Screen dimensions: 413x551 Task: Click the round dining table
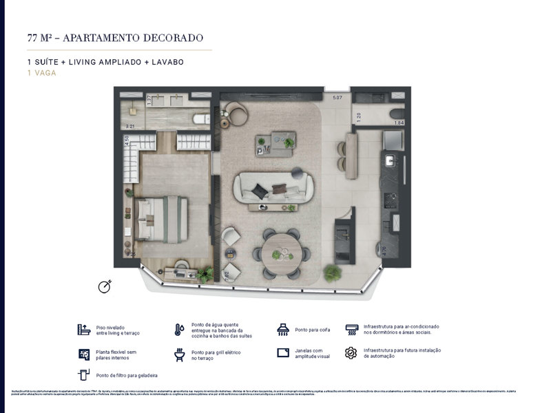(281, 254)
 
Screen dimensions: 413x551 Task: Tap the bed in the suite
(161, 219)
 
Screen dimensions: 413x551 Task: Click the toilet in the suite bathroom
(200, 119)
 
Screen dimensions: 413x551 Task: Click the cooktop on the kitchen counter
(391, 201)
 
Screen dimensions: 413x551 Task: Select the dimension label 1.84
(399, 123)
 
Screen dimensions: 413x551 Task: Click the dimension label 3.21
(128, 126)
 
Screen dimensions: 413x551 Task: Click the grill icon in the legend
(179, 354)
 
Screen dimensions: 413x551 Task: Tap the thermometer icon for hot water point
(179, 329)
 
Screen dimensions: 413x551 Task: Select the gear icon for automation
(351, 353)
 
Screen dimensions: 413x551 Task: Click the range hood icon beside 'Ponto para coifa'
(282, 330)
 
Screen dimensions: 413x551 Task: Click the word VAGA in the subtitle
(45, 72)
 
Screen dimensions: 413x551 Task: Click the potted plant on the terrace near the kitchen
(332, 273)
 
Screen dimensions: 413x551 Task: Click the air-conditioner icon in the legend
(351, 329)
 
